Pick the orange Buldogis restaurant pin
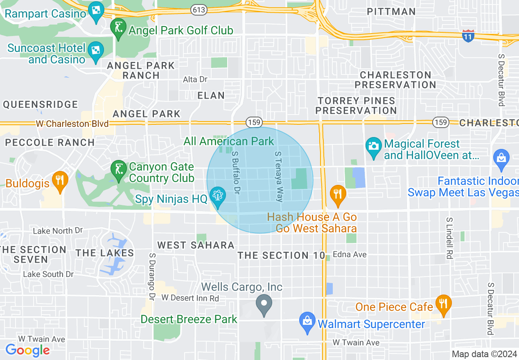coord(60,181)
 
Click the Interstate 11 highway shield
coord(468,36)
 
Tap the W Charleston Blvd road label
coord(72,124)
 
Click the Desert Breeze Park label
coord(189,319)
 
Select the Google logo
coord(27,350)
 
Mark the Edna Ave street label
coord(350,254)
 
